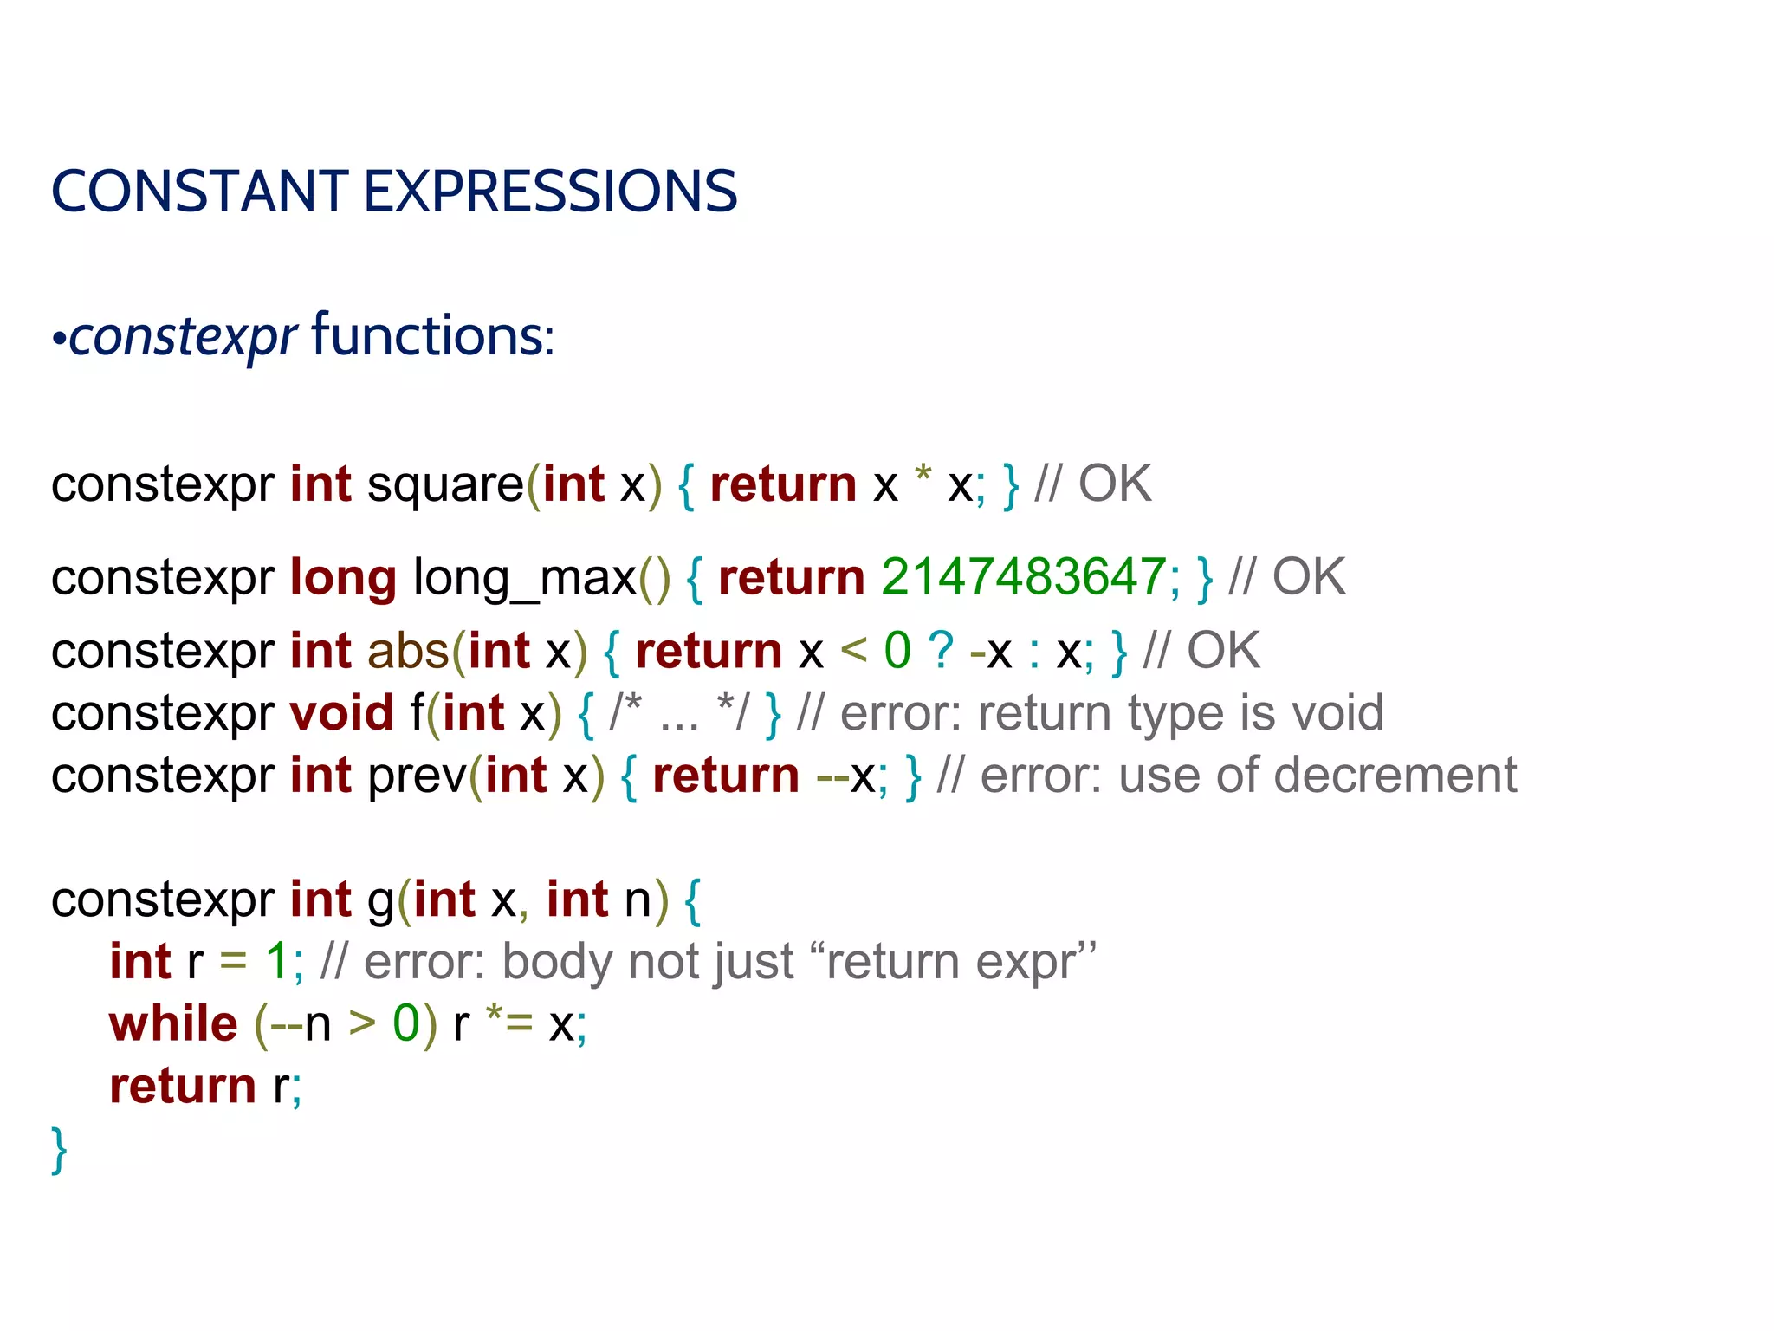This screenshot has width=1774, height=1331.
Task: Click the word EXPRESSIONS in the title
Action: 550,192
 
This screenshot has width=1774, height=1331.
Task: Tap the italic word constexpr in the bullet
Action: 183,337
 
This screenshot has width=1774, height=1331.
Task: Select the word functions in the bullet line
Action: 431,336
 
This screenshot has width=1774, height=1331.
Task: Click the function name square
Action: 445,484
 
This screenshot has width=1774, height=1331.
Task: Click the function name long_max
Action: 525,578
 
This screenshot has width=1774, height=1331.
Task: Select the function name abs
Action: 408,651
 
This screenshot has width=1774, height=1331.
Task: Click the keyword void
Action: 342,713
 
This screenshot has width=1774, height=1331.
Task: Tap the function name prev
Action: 418,776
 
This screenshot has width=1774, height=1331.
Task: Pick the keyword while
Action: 173,1024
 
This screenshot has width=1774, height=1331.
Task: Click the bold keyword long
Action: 343,578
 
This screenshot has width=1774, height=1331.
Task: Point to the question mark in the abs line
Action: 941,651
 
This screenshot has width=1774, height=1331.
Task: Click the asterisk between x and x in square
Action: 923,477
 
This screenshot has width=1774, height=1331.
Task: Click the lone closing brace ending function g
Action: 59,1150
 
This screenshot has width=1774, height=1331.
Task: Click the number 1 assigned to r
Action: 276,962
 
